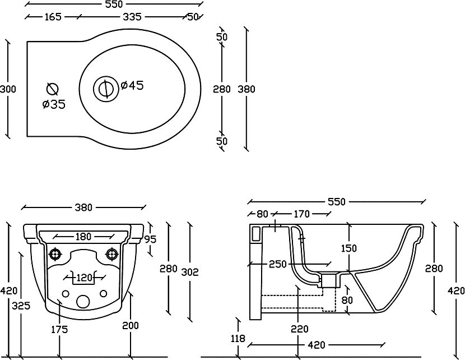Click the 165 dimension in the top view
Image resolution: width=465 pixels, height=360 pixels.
coord(53,17)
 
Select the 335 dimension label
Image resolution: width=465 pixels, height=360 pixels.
coord(132,17)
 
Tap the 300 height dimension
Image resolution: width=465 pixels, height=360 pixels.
coord(8,89)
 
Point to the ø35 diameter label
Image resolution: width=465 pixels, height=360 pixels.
coord(54,104)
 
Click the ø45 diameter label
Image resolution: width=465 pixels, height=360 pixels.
coord(133,86)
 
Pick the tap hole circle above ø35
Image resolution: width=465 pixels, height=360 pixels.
coord(52,88)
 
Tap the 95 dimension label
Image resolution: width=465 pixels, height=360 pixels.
coord(151,239)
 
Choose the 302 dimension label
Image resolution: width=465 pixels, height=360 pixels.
coord(190,271)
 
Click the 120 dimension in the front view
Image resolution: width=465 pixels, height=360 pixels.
coord(84,276)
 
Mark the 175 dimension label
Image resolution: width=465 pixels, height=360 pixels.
coord(59,330)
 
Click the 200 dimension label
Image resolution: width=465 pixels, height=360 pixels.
coord(131,326)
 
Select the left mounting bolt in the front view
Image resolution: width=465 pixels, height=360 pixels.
coord(55,254)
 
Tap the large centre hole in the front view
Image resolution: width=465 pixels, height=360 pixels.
coord(83,301)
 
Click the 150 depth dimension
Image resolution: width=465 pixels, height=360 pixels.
coord(349,248)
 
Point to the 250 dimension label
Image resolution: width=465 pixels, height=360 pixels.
coord(277,264)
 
